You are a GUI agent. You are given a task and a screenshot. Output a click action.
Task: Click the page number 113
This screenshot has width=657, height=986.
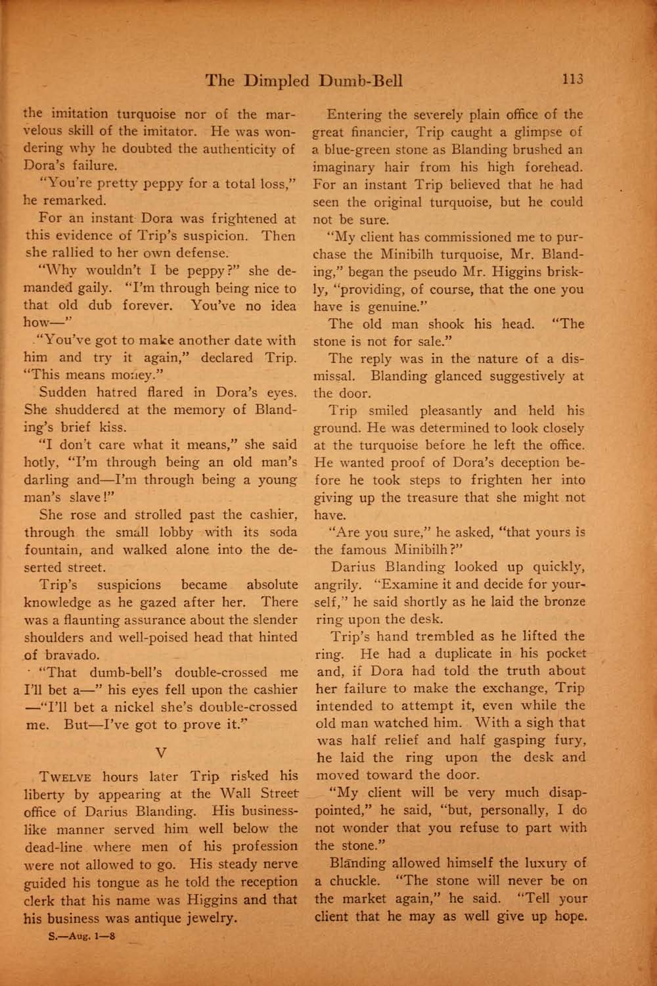572,79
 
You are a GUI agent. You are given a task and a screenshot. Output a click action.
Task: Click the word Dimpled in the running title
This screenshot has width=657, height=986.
275,81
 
